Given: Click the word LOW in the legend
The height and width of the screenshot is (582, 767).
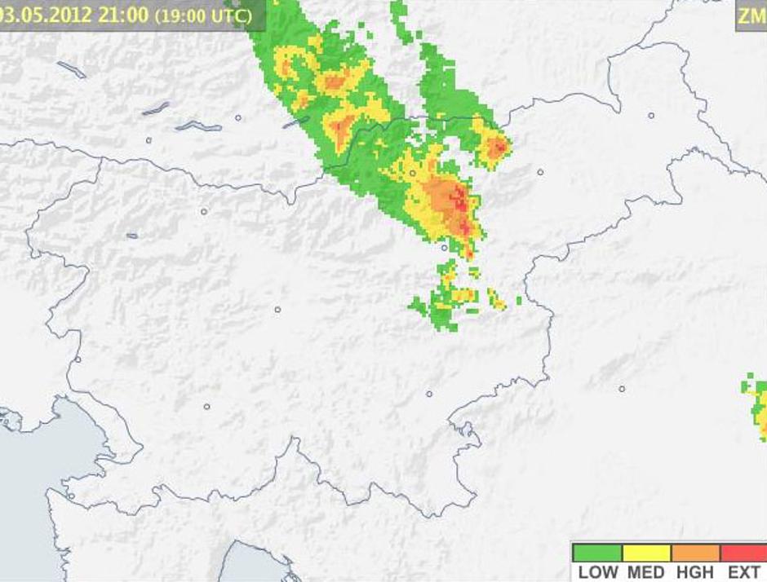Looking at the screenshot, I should tap(597, 572).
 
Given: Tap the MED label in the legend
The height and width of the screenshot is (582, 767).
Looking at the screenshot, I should tap(645, 572).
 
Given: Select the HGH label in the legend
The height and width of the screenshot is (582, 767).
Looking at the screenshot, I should tap(694, 572).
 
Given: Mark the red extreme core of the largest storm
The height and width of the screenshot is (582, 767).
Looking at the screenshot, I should tap(462, 202).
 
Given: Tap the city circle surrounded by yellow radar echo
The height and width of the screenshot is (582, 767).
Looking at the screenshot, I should tap(413, 173).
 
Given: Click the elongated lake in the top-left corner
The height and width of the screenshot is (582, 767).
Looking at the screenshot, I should tap(72, 69).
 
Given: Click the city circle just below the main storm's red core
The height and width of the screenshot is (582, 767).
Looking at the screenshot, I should tap(444, 247).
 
